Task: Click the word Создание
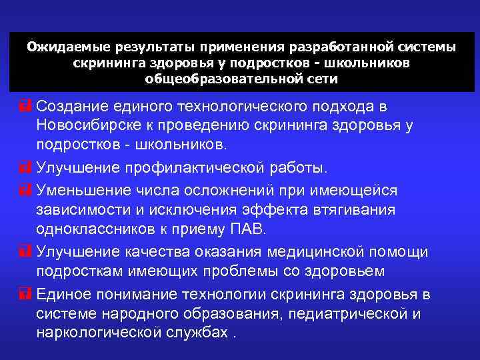pos(71,107)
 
